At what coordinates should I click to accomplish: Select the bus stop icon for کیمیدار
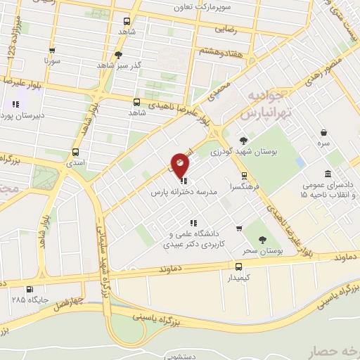(x=240, y=266)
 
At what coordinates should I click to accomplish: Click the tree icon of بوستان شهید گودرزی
(x=243, y=141)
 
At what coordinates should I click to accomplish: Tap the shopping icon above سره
(x=323, y=132)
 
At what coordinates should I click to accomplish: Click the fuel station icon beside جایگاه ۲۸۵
(x=28, y=288)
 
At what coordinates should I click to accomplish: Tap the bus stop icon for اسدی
(x=75, y=151)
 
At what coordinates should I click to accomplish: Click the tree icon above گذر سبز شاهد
(x=118, y=54)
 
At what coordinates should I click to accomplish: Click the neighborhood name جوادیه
(x=270, y=97)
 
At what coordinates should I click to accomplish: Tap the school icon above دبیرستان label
(x=15, y=105)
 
